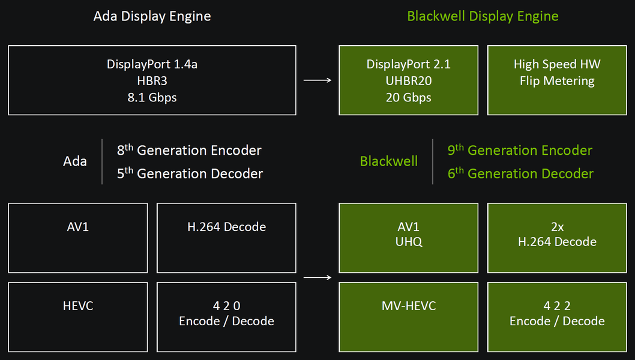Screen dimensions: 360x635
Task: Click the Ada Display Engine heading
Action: pos(152,16)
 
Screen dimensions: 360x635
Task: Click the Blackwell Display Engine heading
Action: pos(483,16)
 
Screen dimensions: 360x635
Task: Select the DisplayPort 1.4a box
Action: pos(152,80)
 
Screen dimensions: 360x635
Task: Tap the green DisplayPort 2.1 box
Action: pos(408,80)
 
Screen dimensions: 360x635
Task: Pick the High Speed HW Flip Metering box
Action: pos(557,80)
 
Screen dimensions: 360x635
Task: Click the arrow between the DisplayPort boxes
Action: pos(317,80)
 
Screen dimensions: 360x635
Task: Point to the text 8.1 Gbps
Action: pos(152,97)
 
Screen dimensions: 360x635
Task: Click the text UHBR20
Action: pos(408,80)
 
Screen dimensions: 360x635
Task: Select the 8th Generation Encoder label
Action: pos(189,150)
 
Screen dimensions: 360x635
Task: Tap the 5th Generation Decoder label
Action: pos(190,173)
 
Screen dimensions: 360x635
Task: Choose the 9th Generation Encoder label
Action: pos(520,150)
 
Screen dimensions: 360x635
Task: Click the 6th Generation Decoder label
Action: pos(520,173)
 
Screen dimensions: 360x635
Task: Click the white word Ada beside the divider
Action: pos(75,161)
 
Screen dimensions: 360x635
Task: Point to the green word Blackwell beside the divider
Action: pos(389,161)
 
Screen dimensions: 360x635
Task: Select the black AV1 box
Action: pos(77,238)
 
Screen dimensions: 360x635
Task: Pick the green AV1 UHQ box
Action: pos(408,238)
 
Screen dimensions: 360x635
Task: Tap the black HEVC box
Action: pos(77,317)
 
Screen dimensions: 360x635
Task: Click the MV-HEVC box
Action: pos(408,317)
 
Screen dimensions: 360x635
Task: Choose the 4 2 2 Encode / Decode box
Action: pos(557,317)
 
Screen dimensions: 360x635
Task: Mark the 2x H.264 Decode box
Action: pos(557,238)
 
